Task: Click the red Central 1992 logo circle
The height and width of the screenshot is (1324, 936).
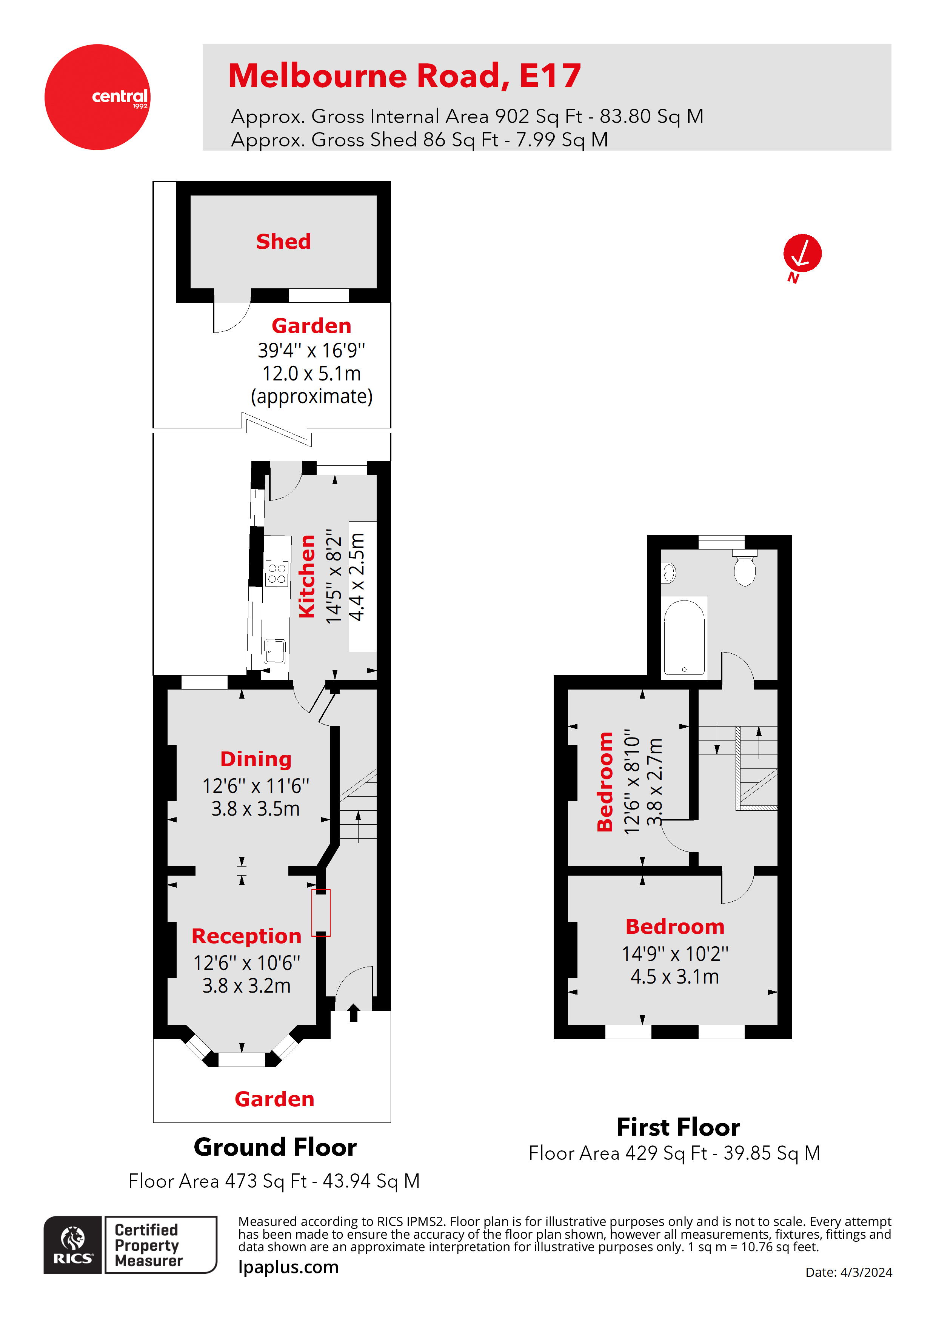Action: point(97,97)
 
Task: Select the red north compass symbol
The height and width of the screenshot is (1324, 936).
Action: point(802,254)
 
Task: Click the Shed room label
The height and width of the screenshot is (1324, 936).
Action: point(283,241)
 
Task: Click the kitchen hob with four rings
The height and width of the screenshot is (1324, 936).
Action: point(277,573)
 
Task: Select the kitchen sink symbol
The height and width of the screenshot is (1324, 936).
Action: point(275,651)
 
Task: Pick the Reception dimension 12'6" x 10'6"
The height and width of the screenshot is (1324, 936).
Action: point(246,962)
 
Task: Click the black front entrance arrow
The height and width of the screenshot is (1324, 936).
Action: point(354,1013)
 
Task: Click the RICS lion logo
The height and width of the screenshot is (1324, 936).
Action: point(73,1244)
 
